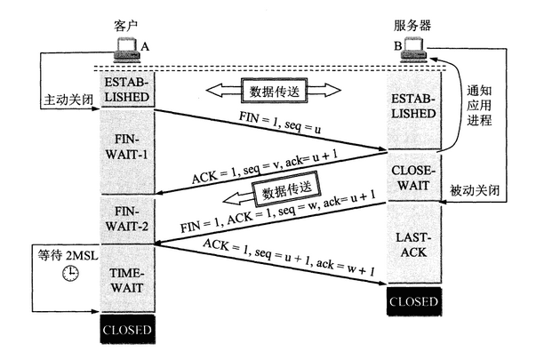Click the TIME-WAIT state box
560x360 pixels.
click(128, 279)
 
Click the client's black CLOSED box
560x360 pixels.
click(128, 330)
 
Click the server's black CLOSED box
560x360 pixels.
click(413, 301)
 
